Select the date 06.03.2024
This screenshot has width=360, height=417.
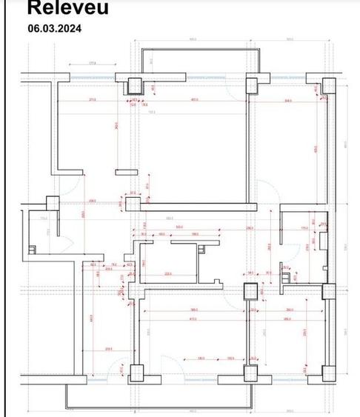pyautogui.click(x=55, y=29)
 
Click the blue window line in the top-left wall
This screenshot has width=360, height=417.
pyautogui.click(x=93, y=76)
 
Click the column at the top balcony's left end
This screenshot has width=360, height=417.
pyautogui.click(x=136, y=85)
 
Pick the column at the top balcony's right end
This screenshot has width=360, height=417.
pyautogui.click(x=252, y=85)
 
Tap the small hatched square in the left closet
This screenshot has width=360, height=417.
pyautogui.click(x=31, y=248)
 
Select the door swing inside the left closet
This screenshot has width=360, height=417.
pyautogui.click(x=64, y=242)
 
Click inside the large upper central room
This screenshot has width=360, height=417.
pyautogui.click(x=193, y=148)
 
